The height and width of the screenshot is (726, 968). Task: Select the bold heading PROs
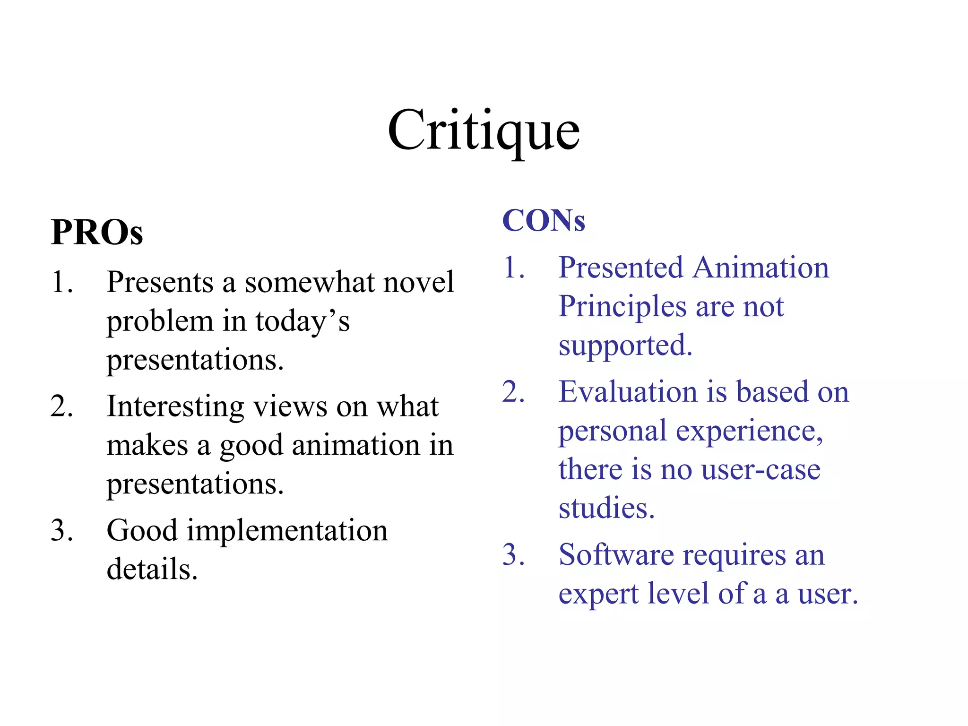coord(97,233)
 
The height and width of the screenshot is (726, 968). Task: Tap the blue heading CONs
coord(544,221)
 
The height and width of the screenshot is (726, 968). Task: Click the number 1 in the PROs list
coord(61,282)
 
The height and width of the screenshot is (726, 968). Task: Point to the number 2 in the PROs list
coord(61,406)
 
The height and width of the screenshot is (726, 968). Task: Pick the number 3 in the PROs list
coord(61,530)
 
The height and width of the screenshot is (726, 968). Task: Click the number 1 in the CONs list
coord(514,268)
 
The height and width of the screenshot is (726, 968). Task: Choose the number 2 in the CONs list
coord(514,392)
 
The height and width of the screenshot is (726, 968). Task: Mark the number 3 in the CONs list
coord(514,554)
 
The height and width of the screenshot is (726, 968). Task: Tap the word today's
coord(302,321)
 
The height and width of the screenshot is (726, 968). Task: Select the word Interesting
coord(175,407)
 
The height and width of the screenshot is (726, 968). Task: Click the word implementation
coord(287,531)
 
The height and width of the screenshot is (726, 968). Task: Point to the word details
coord(152,569)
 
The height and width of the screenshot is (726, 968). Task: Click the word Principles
coord(622,307)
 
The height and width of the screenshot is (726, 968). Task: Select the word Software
coord(616,555)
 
